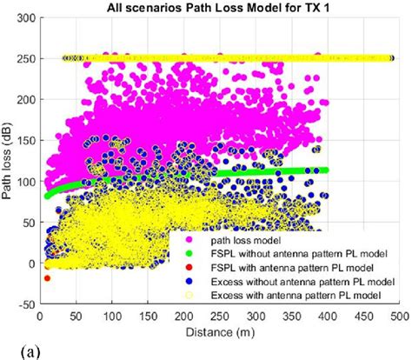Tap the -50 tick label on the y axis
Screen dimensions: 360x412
(x=25, y=305)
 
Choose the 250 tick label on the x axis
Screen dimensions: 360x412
(x=221, y=318)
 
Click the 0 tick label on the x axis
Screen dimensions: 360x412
(x=41, y=318)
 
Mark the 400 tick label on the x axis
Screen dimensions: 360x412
(x=328, y=318)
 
